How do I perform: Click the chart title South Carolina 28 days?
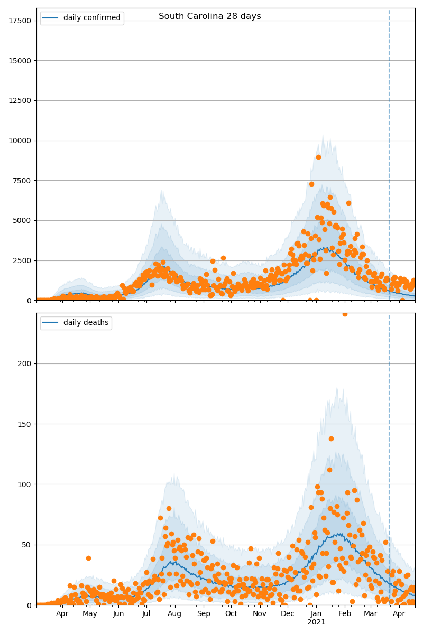(210, 16)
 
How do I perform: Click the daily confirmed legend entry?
(91, 18)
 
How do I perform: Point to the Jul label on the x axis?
(146, 614)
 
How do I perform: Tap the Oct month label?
(231, 614)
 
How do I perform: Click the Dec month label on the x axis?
(288, 614)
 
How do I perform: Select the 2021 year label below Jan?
(316, 622)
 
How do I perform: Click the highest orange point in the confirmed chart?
(318, 157)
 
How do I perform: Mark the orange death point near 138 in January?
(331, 439)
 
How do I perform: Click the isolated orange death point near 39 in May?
(88, 558)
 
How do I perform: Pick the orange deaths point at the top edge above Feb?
(345, 314)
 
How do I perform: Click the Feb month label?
(345, 614)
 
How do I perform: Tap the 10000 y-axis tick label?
(21, 141)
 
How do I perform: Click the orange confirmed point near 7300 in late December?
(311, 184)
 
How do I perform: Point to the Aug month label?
(174, 614)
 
